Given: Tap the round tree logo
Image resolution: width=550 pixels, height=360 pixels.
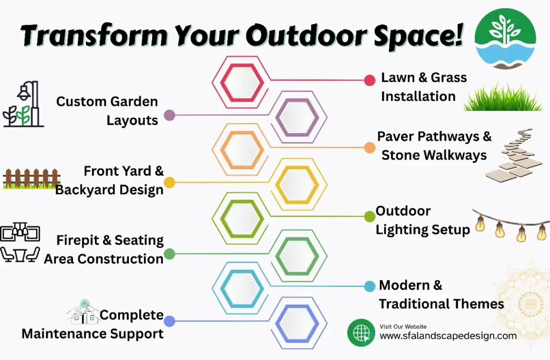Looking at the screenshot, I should tap(505, 39).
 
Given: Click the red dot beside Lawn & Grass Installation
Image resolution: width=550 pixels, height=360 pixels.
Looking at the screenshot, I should tap(370, 81).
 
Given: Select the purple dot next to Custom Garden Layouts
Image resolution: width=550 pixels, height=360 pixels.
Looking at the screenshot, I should tap(169, 115).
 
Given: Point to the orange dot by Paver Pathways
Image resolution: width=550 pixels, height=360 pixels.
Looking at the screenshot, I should tap(370, 147).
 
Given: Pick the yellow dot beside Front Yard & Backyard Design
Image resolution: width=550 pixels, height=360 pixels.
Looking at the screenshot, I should tap(169, 183).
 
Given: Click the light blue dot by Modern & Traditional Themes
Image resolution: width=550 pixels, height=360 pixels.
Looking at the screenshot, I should tap(370, 286).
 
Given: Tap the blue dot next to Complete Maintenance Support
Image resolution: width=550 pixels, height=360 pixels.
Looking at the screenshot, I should tap(169, 321).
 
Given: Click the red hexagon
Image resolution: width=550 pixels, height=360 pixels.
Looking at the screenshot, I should tap(242, 82).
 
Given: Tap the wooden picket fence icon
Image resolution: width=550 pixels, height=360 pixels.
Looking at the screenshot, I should tap(31, 178).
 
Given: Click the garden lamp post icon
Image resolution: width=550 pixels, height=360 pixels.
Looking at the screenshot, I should tap(24, 104).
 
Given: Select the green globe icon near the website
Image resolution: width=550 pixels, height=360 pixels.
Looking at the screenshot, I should tap(361, 332).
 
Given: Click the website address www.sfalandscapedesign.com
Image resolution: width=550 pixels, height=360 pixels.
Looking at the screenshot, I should tap(448, 336).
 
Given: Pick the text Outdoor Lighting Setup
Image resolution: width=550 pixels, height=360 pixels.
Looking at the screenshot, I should tap(422, 220).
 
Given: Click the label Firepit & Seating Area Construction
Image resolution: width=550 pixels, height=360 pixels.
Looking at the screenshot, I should tap(104, 249).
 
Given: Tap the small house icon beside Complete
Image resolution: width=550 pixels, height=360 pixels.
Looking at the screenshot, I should tap(83, 313).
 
